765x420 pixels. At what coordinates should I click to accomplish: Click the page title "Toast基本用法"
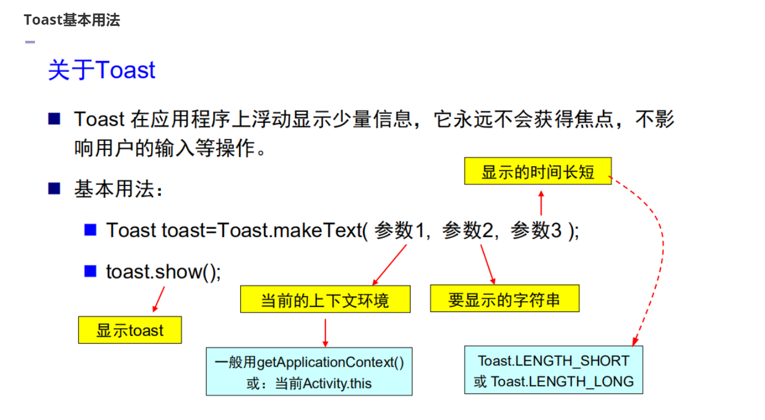click(x=72, y=20)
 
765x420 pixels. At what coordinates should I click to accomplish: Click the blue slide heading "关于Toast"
click(x=102, y=70)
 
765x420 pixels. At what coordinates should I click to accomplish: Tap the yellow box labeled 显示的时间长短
click(x=538, y=171)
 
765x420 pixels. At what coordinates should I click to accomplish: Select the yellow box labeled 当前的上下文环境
click(x=325, y=299)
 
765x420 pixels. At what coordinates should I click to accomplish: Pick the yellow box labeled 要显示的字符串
click(x=504, y=299)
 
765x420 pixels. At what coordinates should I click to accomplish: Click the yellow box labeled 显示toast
click(x=130, y=330)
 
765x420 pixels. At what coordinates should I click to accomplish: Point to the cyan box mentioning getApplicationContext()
click(x=309, y=372)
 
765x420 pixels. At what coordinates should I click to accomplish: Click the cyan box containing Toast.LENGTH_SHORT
click(x=553, y=370)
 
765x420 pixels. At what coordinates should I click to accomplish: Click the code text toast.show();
click(x=163, y=271)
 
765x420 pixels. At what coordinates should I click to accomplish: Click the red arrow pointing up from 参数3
click(x=541, y=203)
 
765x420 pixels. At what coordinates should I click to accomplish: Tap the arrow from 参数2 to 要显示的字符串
click(x=488, y=264)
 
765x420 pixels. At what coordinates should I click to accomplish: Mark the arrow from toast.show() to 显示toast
click(x=159, y=298)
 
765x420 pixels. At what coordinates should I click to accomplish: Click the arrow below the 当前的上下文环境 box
click(x=326, y=332)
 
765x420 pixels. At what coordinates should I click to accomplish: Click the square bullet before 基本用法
click(x=55, y=188)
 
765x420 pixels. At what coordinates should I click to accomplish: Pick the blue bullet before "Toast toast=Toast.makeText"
click(x=90, y=230)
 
